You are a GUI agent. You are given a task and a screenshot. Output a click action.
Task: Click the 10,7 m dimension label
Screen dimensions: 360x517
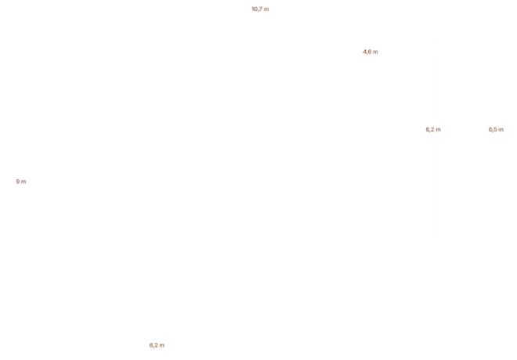[260, 9]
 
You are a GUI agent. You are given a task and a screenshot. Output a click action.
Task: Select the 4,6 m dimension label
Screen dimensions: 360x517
[370, 52]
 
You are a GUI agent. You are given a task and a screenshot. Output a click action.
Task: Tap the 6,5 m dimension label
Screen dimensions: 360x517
[496, 129]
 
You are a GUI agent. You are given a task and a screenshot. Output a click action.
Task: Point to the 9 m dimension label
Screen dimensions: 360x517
[21, 182]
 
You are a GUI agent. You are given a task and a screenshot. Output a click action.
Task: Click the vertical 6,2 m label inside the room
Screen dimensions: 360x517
[432, 129]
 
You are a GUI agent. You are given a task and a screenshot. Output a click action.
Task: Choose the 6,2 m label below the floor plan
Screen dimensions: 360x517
[157, 344]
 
